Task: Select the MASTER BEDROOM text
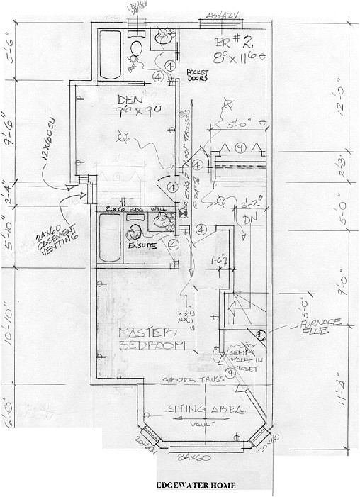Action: coord(152,339)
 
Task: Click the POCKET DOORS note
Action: coord(201,75)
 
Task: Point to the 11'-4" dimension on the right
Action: coord(344,408)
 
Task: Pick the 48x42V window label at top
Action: coord(220,13)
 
